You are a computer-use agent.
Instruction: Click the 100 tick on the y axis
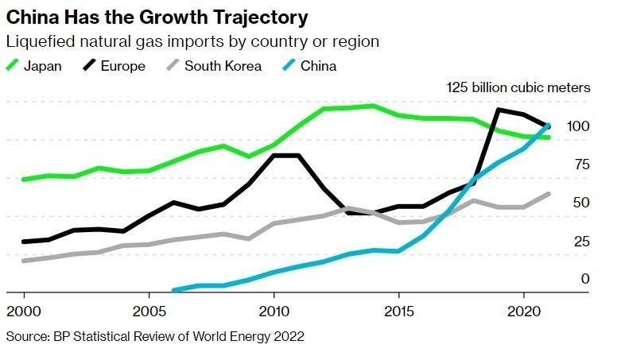coord(578,126)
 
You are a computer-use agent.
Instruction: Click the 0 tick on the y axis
coord(584,279)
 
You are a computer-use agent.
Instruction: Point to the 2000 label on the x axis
coord(24,309)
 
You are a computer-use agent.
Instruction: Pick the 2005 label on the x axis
coord(149,309)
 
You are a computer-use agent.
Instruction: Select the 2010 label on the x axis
coord(274,309)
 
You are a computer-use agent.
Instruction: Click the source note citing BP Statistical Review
coord(155,337)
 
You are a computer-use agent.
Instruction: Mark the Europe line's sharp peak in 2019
coord(499,110)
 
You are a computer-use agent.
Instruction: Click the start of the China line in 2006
coord(174,290)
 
